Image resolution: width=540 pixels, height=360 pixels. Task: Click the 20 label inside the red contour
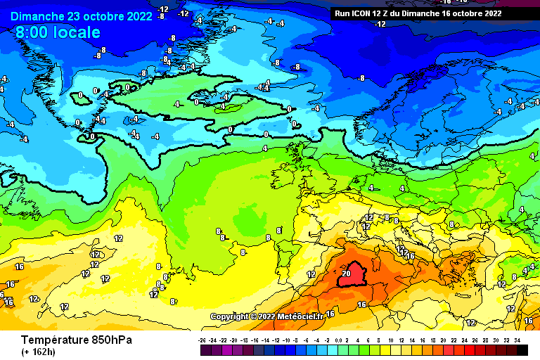[x=346, y=273]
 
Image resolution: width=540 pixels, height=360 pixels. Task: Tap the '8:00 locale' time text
[x=58, y=32]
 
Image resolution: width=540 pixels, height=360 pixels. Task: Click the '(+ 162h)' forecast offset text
[x=39, y=352]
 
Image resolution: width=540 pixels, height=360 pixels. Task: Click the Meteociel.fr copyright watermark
[x=266, y=316]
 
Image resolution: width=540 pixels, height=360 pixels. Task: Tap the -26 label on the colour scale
[x=202, y=340]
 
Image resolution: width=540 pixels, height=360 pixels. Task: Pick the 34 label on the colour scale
[x=517, y=340]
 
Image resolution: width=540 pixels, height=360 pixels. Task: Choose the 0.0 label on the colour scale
[x=340, y=340]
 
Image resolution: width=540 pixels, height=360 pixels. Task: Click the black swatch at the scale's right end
[x=522, y=349]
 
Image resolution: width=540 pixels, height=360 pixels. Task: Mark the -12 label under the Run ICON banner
[x=380, y=24]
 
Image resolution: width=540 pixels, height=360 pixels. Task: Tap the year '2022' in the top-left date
[x=137, y=16]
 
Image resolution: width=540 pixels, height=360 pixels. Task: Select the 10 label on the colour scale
[x=390, y=340]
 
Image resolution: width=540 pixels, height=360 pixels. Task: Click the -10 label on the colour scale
[x=287, y=340]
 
